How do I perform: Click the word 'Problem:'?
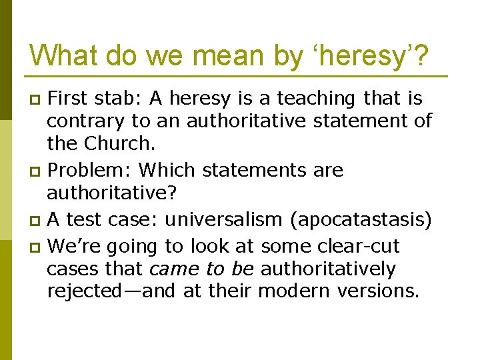click(90, 171)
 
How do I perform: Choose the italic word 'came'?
click(173, 269)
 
